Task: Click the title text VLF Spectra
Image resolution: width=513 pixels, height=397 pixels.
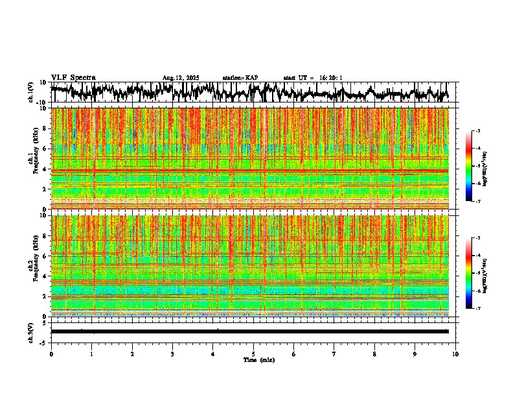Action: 73,78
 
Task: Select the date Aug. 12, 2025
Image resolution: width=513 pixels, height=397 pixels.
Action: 181,78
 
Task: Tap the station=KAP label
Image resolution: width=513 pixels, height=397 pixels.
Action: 240,78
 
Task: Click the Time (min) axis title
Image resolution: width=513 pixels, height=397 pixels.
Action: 258,359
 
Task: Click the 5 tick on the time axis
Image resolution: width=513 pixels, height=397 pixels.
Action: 253,354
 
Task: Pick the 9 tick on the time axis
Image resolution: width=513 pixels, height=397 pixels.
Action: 415,354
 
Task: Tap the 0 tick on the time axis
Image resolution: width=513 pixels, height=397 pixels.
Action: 51,354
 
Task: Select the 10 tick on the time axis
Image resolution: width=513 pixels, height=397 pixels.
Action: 455,354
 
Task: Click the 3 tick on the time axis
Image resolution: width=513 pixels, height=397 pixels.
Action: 172,354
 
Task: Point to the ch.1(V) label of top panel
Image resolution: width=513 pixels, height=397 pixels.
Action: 31,92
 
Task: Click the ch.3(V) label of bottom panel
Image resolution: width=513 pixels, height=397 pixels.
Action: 31,331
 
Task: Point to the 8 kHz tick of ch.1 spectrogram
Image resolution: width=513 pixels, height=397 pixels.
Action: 45,128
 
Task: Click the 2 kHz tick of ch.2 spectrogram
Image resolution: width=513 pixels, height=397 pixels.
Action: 45,296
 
